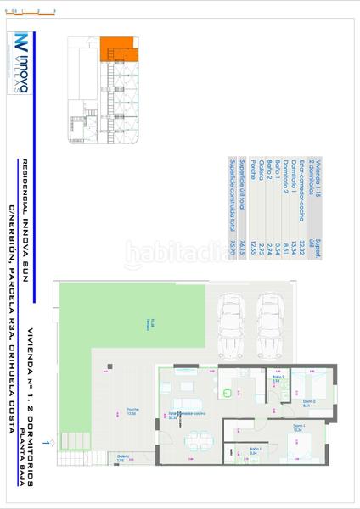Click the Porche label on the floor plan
pyautogui.click(x=133, y=410)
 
